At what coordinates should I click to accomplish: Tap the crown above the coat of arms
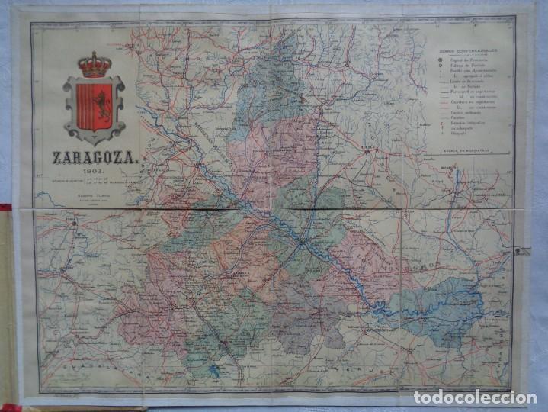95,65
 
